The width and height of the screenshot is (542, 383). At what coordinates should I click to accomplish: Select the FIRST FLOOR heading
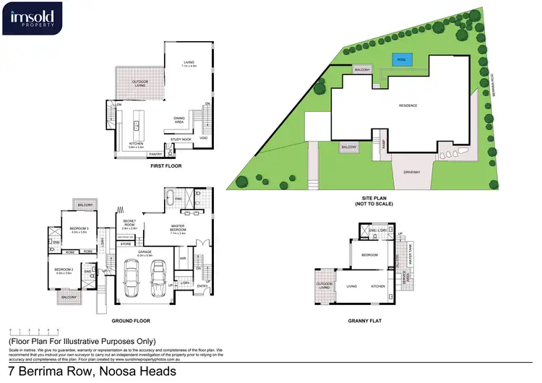165,166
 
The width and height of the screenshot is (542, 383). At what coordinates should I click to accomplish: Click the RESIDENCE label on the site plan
409,106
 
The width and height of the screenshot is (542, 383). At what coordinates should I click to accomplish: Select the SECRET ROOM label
129,224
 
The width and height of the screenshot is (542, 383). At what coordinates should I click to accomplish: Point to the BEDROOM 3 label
78,229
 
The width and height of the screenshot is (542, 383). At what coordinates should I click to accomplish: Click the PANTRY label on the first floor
155,154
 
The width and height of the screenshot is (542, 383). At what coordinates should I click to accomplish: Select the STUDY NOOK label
181,139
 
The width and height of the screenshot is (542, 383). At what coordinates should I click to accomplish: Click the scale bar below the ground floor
33,331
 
